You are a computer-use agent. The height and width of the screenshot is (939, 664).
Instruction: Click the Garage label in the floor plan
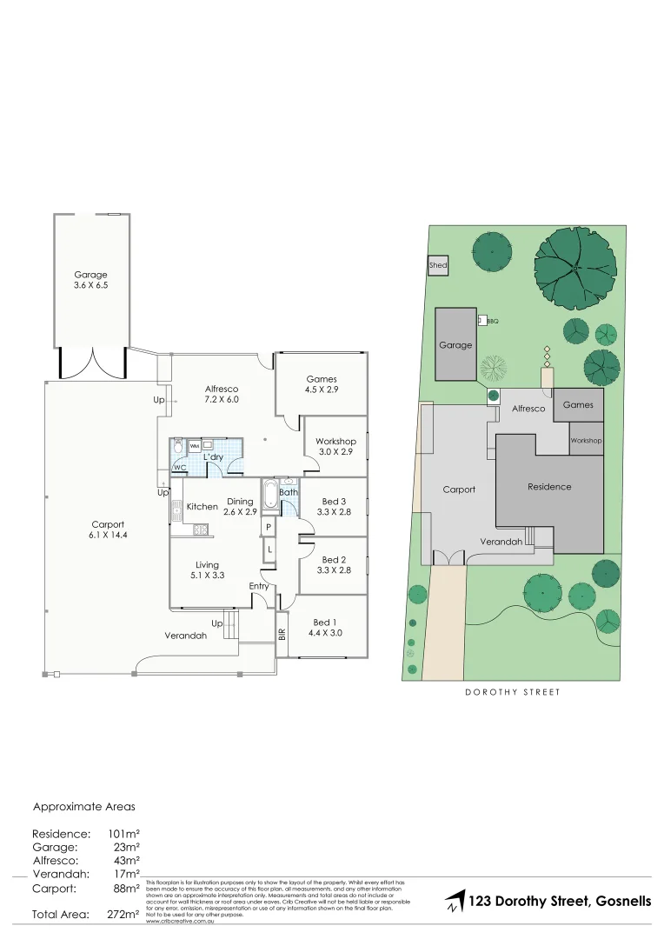[x=90, y=275]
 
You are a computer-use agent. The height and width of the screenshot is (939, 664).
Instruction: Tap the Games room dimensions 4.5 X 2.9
[x=322, y=390]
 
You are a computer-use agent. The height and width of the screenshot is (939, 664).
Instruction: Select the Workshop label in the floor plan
[x=336, y=442]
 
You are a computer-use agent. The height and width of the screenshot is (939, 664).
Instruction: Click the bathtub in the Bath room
[x=269, y=496]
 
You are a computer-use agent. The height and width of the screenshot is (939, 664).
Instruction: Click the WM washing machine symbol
[x=195, y=445]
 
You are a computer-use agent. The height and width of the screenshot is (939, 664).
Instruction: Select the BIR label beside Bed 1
[x=282, y=635]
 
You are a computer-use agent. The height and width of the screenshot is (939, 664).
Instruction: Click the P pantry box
[x=269, y=527]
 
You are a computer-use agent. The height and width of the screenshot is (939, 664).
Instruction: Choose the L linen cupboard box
[x=269, y=549]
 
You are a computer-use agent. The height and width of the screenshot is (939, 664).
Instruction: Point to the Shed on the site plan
[x=437, y=265]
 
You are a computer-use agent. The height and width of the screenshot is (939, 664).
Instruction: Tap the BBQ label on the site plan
[x=493, y=321]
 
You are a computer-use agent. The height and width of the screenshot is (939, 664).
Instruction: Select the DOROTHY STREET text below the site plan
[x=512, y=692]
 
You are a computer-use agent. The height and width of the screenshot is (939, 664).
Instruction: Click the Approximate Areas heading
[x=84, y=807]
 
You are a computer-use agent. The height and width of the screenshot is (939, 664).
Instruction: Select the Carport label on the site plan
[x=459, y=489]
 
